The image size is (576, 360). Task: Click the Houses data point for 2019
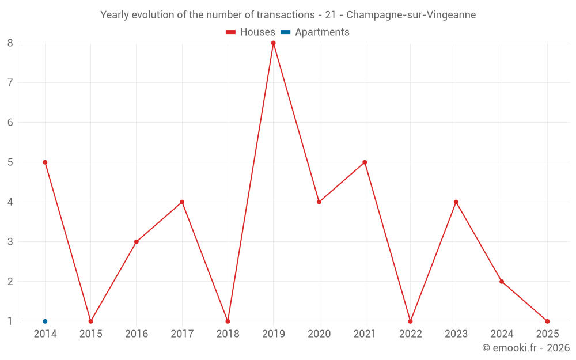274,43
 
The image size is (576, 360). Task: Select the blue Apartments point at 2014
45,321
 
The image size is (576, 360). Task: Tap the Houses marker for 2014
45,162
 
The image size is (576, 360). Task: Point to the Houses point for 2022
410,321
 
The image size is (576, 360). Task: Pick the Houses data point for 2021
365,162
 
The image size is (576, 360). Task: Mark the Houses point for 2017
182,202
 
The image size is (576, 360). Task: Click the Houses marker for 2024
502,282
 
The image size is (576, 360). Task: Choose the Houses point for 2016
137,242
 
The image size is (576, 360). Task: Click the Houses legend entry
251,32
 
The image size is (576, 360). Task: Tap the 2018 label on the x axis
228,334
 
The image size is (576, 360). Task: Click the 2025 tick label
547,334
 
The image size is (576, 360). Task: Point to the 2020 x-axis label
319,334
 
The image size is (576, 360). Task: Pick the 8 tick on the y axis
10,43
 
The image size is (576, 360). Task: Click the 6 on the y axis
10,122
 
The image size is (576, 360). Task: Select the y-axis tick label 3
10,242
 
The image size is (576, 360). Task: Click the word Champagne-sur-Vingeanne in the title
411,15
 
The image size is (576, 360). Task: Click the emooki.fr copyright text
526,348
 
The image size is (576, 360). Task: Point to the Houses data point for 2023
456,202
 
